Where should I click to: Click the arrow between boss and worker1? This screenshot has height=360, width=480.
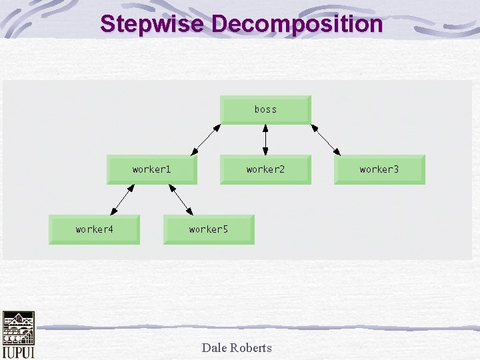(x=207, y=139)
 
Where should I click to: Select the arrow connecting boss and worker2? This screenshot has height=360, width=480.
(x=266, y=139)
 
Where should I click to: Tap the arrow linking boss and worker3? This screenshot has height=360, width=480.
(x=326, y=139)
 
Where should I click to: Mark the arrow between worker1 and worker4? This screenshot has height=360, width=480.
(x=121, y=199)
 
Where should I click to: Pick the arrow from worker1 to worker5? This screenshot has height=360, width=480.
(x=181, y=199)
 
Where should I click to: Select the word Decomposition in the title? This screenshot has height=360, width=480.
(x=297, y=24)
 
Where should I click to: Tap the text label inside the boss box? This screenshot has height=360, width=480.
(x=265, y=109)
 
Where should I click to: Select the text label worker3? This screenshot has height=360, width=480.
(x=379, y=169)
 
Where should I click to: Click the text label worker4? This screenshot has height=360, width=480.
(x=94, y=229)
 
